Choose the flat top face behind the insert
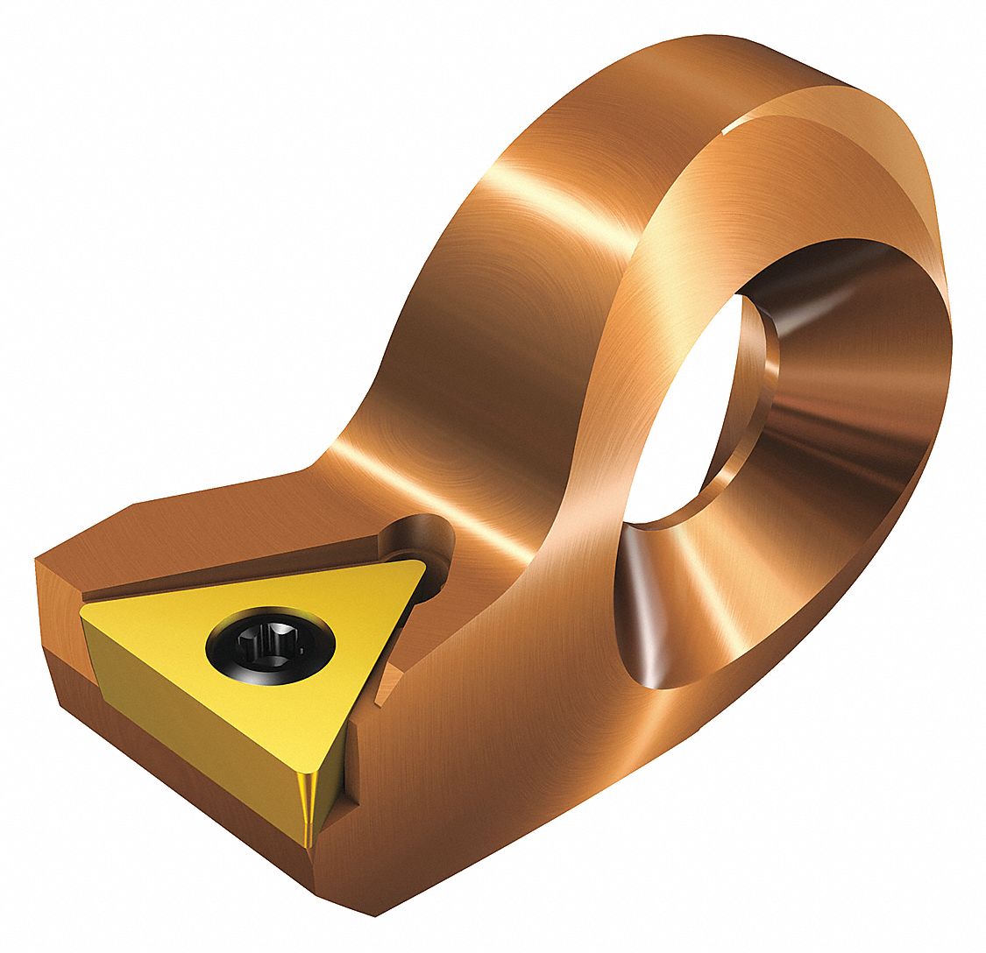pos(219,526)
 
